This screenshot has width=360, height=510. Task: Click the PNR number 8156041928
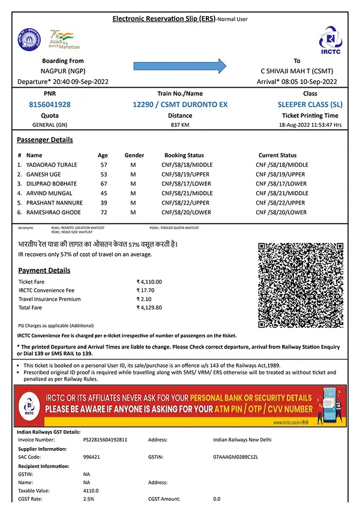coord(50,104)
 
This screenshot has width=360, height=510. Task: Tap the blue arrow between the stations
coord(179,65)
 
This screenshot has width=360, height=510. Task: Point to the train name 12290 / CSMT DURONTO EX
coord(180,104)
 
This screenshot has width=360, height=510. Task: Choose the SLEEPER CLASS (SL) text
coord(310,104)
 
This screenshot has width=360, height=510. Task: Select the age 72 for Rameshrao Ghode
coord(103,212)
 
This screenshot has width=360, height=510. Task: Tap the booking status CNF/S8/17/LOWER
coord(187,184)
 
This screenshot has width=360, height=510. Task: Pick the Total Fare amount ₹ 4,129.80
coord(149,307)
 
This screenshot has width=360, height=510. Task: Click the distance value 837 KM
coord(180,125)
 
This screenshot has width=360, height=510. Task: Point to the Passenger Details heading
coord(45,140)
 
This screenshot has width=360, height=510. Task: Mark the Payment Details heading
coord(44,271)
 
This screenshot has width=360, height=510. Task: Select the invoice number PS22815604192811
coord(105,440)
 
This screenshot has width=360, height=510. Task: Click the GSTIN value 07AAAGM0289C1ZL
coord(235,457)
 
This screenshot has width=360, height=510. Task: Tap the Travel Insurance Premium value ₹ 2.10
coord(145,299)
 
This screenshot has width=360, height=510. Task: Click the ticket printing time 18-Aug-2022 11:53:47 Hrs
coord(310,125)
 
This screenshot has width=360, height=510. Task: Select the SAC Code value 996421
coord(92,457)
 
